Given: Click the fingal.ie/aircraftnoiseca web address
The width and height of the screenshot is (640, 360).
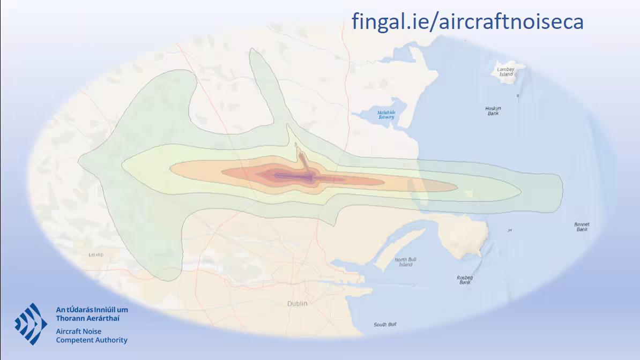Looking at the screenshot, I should (x=467, y=22).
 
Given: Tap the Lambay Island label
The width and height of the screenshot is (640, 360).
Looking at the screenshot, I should (x=506, y=71).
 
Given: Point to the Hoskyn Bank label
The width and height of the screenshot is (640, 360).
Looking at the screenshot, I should (x=493, y=111).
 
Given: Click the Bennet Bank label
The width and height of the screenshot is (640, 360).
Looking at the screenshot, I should (x=582, y=227).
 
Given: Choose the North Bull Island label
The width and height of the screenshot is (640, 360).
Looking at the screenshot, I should (x=405, y=262).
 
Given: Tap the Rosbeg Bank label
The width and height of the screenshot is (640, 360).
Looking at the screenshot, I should (x=465, y=279).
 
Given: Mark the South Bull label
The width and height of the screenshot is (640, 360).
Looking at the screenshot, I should (x=385, y=325).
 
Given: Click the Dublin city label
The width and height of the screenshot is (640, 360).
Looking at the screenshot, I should (x=297, y=304).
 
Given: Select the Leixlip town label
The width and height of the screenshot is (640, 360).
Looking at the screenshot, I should (x=95, y=255).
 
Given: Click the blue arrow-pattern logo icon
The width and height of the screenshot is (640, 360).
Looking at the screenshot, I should (x=31, y=324).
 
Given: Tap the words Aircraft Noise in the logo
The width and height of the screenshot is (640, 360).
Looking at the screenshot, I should (x=79, y=332).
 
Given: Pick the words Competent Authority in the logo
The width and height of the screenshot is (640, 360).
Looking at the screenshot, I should (x=92, y=340).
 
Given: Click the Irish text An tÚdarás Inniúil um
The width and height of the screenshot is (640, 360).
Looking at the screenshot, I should (x=92, y=310).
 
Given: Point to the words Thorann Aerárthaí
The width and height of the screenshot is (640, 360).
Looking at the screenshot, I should (x=88, y=318).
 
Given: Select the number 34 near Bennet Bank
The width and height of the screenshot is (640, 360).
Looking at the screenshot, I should (x=509, y=230).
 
